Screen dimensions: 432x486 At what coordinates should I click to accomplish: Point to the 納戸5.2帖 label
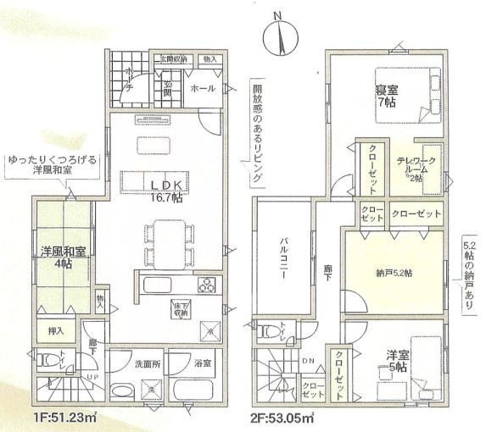pyautogui.click(x=394, y=272)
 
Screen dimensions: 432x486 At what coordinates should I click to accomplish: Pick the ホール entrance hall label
pyautogui.click(x=203, y=88)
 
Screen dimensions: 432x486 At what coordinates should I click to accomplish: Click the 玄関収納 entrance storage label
pyautogui.click(x=173, y=58)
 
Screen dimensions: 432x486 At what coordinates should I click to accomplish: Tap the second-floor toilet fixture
pyautogui.click(x=270, y=330)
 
